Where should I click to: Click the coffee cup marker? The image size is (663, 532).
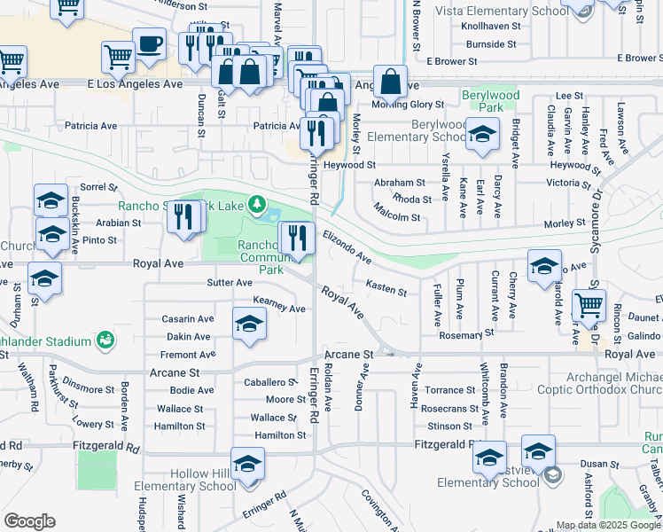click(x=149, y=43)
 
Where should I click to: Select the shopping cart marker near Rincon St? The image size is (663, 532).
click(x=589, y=306)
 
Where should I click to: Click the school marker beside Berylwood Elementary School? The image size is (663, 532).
click(x=482, y=135)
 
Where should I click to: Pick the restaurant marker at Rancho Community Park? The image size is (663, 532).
click(x=297, y=238)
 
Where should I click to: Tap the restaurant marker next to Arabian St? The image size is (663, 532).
click(x=183, y=216)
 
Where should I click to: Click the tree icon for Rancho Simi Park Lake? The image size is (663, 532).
click(x=257, y=205)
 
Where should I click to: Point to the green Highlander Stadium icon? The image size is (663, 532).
click(x=105, y=340)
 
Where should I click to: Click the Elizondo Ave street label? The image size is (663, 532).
click(x=347, y=246)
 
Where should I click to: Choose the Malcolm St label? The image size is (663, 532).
click(x=395, y=212)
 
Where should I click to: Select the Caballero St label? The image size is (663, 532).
click(x=269, y=382)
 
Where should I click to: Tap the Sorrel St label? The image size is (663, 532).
click(x=98, y=187)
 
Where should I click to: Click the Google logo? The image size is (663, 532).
click(x=29, y=521)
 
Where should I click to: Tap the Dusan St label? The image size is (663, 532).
click(x=599, y=464)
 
